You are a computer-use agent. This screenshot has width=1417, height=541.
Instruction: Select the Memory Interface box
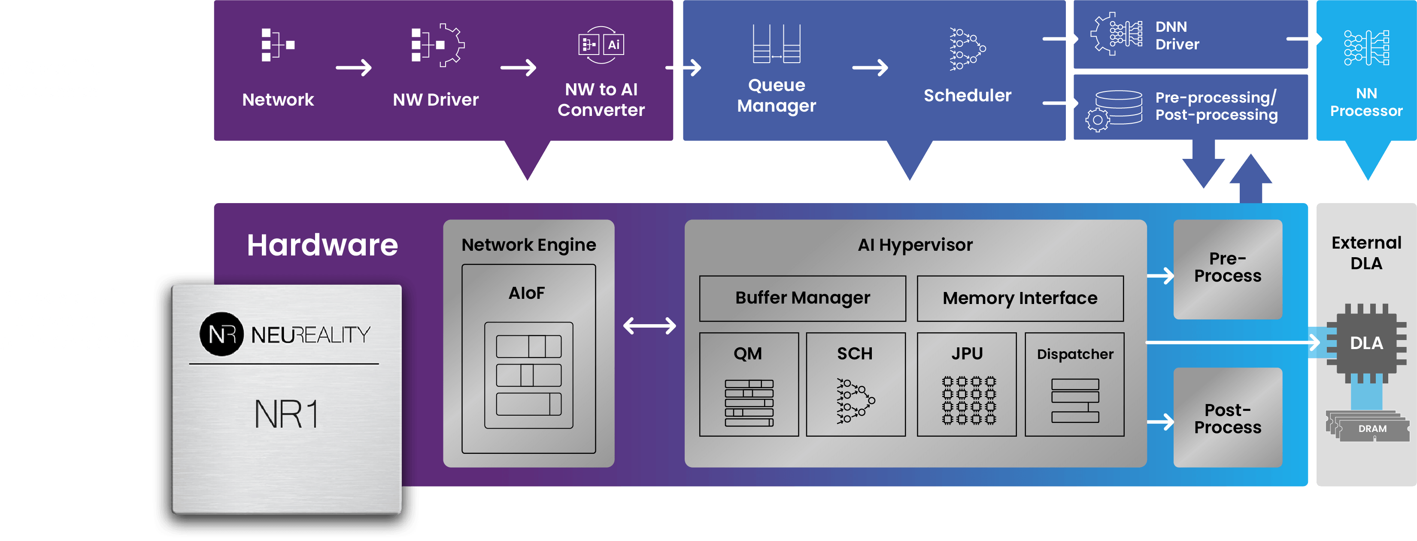click(x=1020, y=298)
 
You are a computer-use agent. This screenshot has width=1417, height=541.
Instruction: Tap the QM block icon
click(x=749, y=403)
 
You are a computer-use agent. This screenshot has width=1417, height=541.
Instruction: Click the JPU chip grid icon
click(x=968, y=400)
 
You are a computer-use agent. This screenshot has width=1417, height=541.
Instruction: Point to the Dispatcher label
click(x=1075, y=354)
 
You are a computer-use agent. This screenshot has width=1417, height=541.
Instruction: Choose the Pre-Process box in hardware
click(x=1227, y=269)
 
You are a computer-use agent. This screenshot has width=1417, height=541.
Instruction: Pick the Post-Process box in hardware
click(x=1227, y=418)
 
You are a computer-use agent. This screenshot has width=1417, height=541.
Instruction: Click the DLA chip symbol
click(x=1366, y=343)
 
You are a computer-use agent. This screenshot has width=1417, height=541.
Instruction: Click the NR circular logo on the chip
click(x=222, y=334)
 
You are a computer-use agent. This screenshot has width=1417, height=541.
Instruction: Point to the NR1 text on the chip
click(x=286, y=414)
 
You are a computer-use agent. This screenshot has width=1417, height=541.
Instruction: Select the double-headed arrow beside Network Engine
click(x=649, y=325)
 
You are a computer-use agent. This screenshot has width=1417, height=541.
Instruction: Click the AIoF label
click(x=526, y=293)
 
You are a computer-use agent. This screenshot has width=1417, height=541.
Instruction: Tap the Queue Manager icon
click(x=776, y=44)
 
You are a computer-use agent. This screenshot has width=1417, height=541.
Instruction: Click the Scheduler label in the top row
click(x=967, y=96)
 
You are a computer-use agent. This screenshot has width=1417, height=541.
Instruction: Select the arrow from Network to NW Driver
click(x=353, y=68)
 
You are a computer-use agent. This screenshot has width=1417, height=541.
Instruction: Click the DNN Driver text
click(x=1177, y=36)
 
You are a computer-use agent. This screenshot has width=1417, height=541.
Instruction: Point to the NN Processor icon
click(x=1366, y=48)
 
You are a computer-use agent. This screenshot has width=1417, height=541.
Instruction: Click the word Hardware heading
click(x=322, y=245)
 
